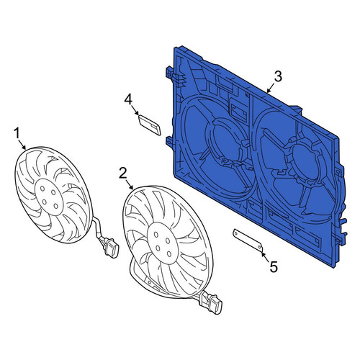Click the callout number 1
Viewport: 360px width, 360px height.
17,133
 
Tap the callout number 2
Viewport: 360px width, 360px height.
123,174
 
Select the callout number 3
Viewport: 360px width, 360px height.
277,76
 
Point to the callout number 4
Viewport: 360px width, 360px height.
128,100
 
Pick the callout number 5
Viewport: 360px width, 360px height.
274,266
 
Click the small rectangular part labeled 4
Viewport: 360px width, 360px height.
150,125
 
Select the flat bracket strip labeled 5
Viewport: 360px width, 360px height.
248,240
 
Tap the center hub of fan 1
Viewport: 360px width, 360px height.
49,197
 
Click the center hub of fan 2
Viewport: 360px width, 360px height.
163,243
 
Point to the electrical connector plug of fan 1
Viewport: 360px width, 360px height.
111,248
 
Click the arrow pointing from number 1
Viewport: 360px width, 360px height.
23,145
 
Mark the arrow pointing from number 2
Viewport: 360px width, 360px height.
130,185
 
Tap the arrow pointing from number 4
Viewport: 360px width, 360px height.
135,111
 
